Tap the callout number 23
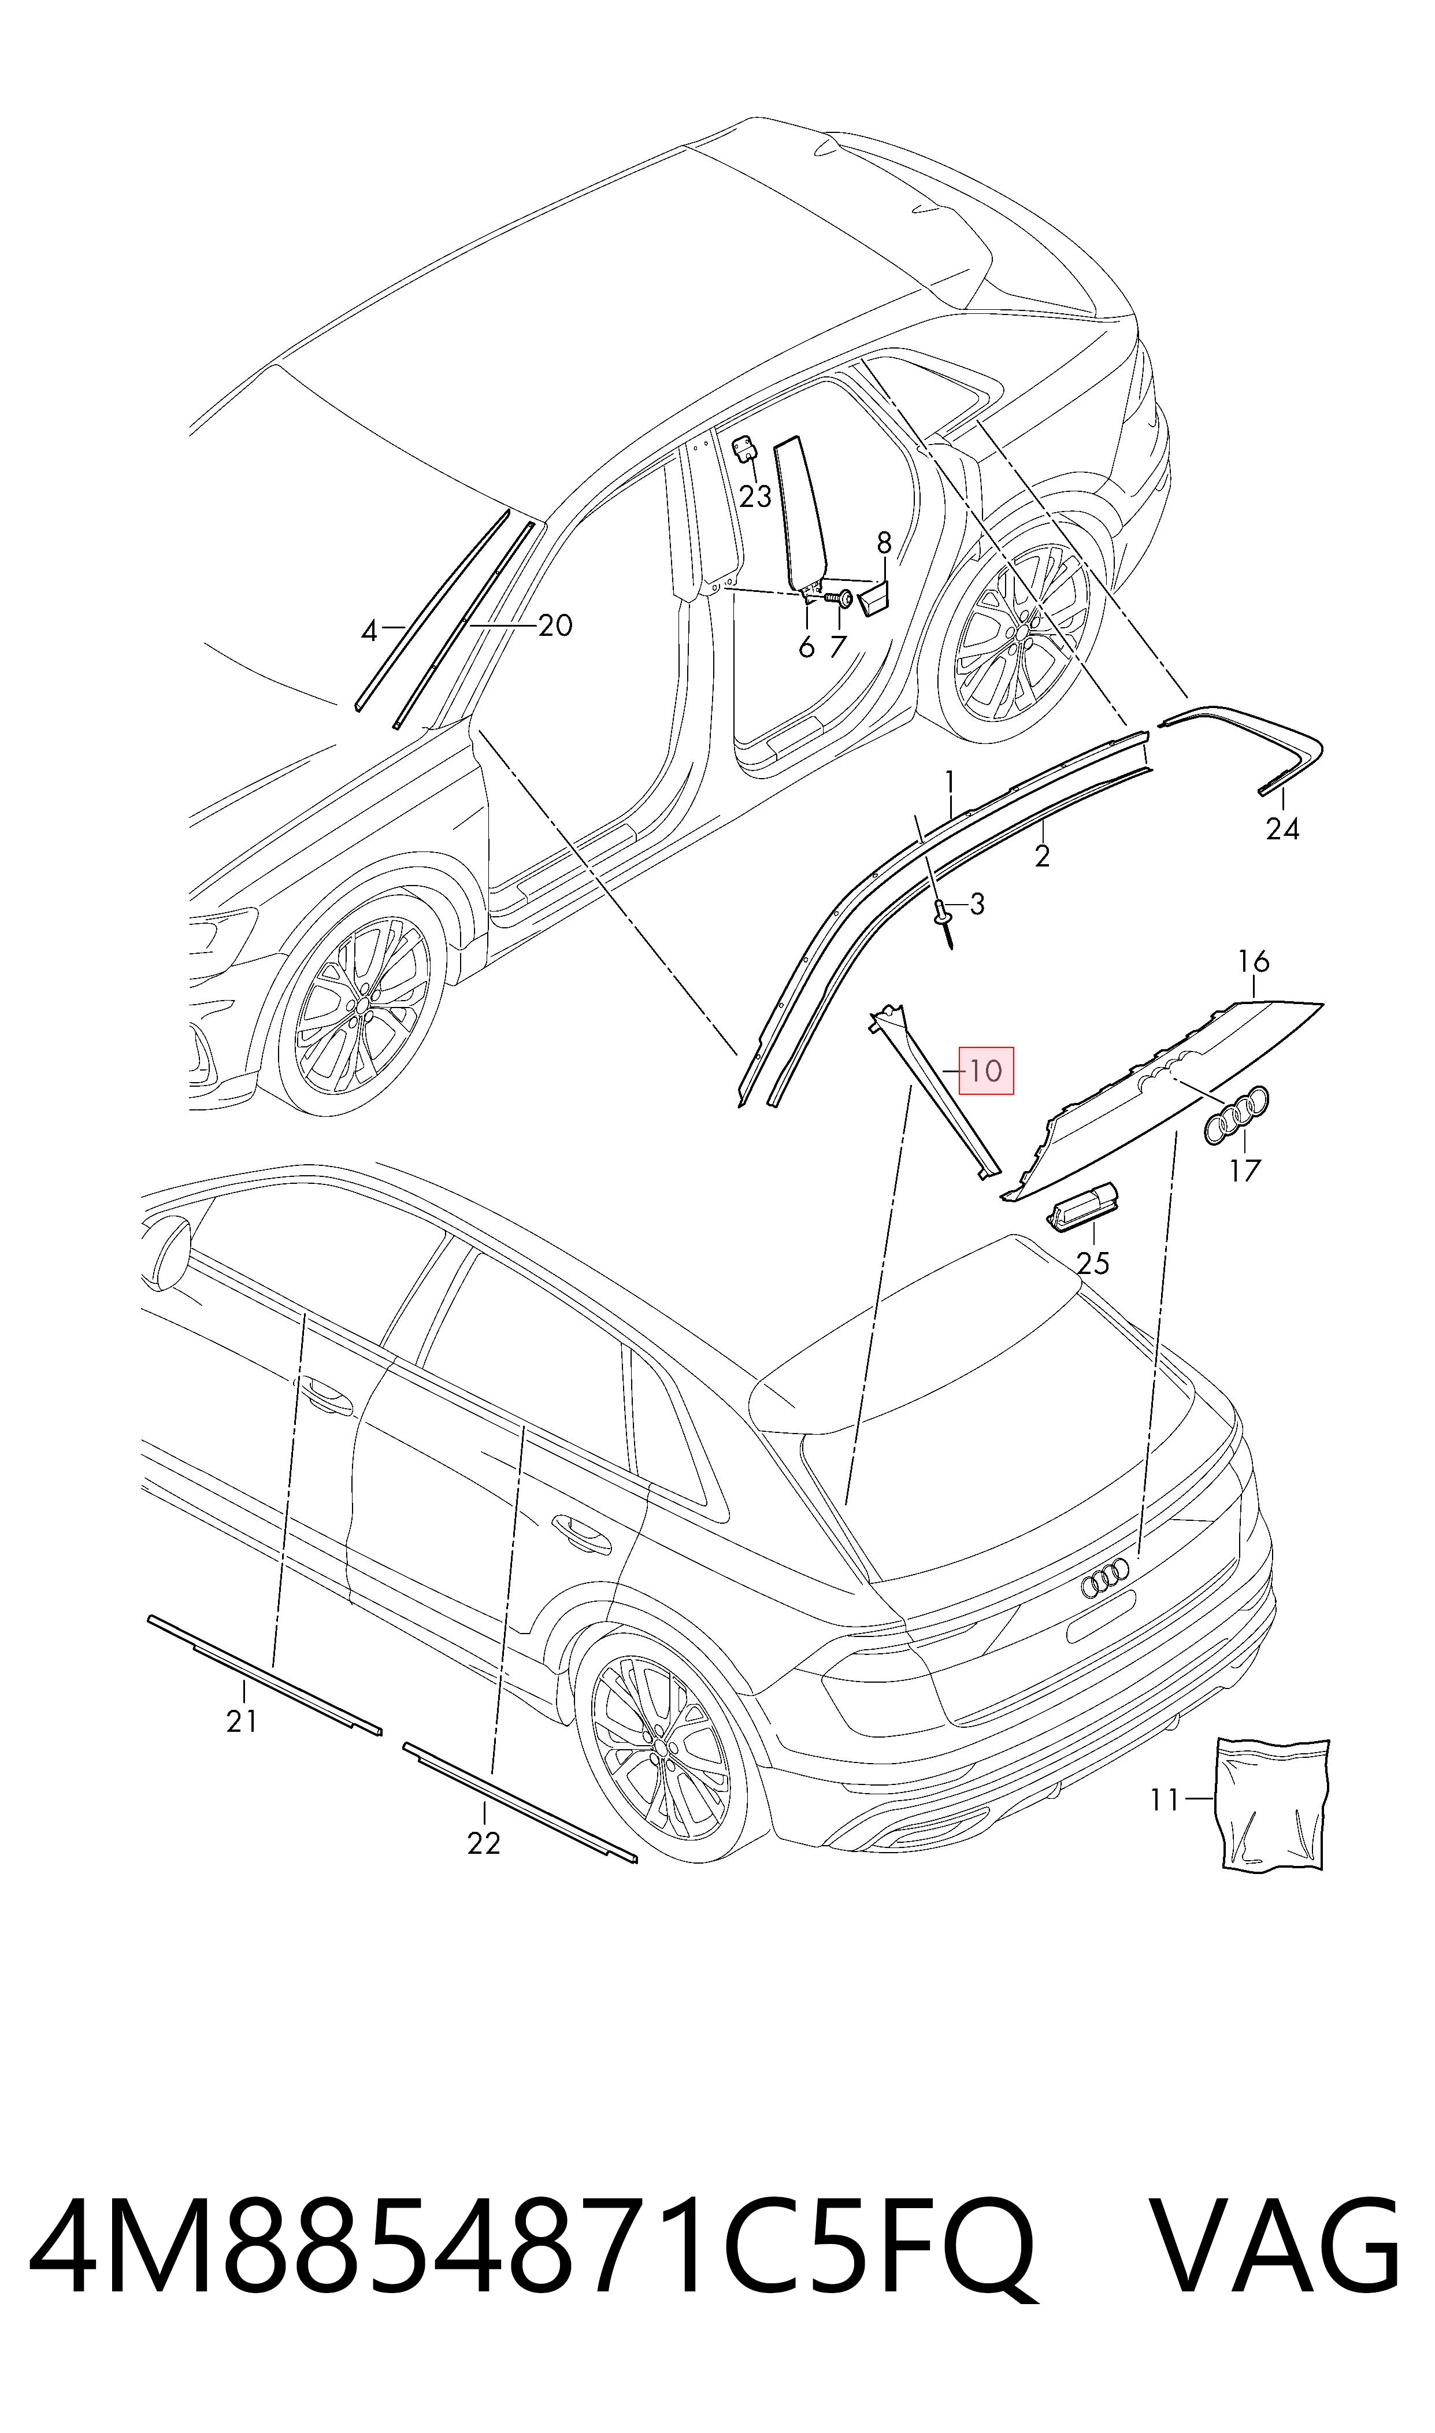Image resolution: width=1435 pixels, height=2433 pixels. [755, 496]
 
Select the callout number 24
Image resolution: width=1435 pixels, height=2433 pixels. [1282, 829]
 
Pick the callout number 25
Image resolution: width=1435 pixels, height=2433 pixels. [1093, 1263]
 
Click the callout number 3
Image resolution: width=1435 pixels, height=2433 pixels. [977, 904]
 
